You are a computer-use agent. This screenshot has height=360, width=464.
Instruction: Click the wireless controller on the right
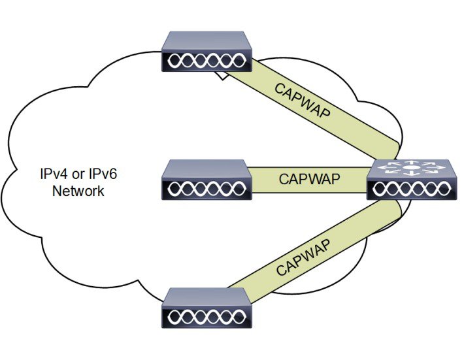(408, 179)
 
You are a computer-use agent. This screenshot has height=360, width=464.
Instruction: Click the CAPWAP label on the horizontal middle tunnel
(309, 178)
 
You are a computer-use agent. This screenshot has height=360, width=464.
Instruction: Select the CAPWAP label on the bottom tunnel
(301, 257)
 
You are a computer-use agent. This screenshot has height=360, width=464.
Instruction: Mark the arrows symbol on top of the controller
(408, 168)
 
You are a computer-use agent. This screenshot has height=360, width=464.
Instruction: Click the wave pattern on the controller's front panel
(408, 189)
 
